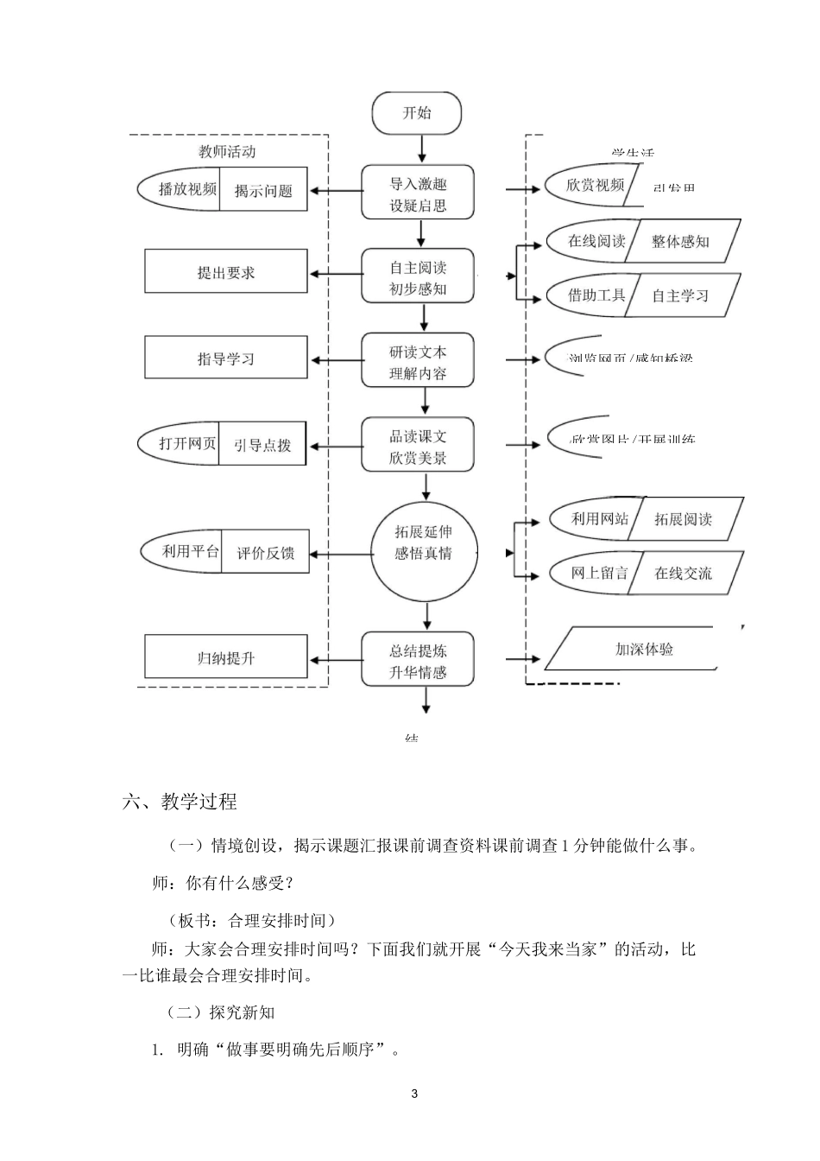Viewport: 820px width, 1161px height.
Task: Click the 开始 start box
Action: pos(417,113)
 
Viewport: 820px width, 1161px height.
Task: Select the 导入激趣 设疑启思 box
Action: pos(418,194)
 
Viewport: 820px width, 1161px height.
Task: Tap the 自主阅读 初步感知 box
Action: pos(418,277)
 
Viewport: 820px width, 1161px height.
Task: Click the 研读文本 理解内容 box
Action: pos(418,362)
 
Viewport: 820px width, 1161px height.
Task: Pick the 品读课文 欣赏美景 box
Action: pos(418,446)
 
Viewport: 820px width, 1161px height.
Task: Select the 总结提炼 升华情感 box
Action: pos(418,661)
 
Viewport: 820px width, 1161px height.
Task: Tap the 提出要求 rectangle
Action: pos(226,272)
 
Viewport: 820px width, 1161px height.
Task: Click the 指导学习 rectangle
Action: pos(226,358)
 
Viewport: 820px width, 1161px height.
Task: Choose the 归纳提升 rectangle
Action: pos(226,657)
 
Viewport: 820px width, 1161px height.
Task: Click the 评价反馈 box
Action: pos(265,553)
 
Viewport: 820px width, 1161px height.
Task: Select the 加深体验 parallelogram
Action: pos(644,649)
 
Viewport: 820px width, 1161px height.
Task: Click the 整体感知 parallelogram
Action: pos(681,242)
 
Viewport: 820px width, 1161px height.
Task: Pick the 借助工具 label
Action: pos(596,295)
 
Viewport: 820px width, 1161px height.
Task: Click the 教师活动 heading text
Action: pos(227,152)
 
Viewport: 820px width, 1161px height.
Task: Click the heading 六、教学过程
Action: pos(180,802)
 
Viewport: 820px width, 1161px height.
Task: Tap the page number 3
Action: pos(414,1094)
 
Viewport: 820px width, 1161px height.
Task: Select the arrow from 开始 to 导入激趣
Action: pos(421,149)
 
